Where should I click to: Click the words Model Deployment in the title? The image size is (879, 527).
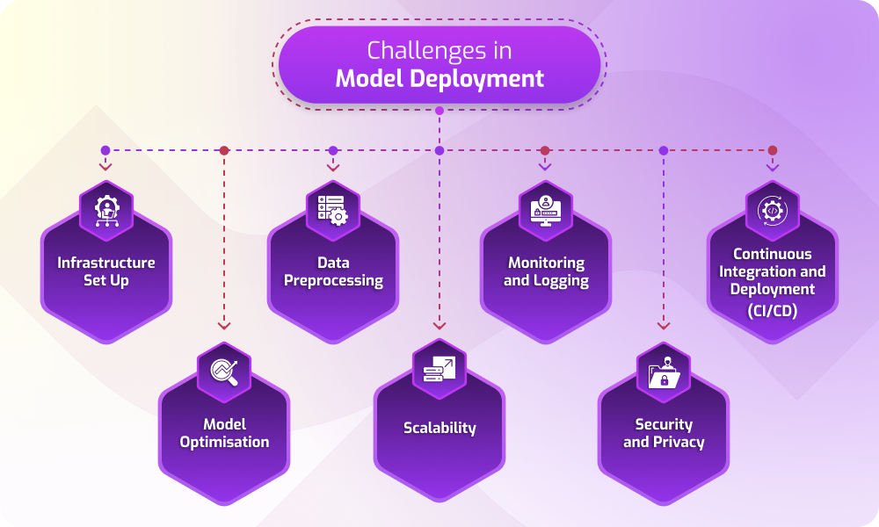pos(439,79)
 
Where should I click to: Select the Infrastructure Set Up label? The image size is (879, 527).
pos(106,271)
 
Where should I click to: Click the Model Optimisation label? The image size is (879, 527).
pos(224,433)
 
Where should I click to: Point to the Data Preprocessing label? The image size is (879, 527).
pos(333,271)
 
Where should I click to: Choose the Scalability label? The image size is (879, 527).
pos(439,428)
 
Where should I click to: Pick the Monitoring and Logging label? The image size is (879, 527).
pos(546,271)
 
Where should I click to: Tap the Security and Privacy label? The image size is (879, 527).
pos(664,433)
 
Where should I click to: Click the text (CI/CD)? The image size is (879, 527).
pos(773,308)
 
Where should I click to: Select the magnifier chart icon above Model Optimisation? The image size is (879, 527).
pos(224,370)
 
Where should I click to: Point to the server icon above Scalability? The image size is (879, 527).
pos(439,368)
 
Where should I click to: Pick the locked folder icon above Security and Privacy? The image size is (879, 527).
pos(664,370)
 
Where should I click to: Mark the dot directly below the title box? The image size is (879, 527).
pos(439,111)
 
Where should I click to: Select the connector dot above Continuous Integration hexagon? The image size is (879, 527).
pos(773,150)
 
